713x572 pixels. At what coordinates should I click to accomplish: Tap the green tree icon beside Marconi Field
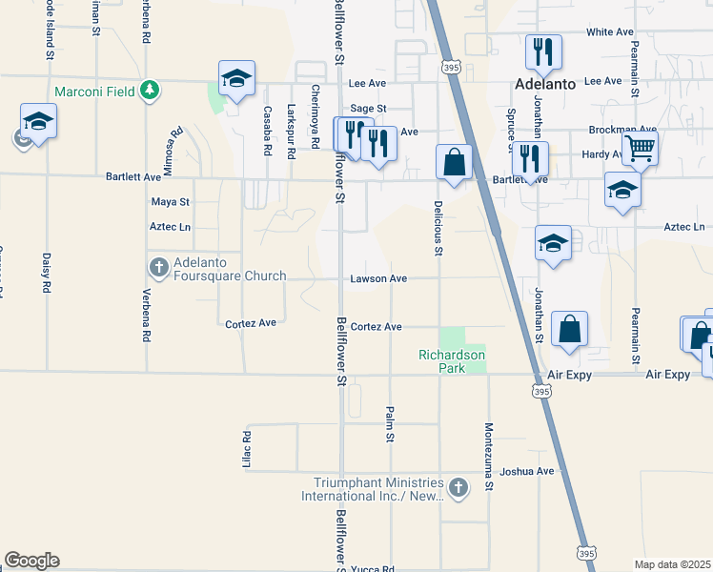point(149,91)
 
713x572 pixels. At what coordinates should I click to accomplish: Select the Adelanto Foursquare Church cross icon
point(158,264)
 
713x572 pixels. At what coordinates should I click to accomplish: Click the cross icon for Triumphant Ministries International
point(458,489)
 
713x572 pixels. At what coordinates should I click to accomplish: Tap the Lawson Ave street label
point(378,278)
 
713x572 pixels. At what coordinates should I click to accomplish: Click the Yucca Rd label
point(373,569)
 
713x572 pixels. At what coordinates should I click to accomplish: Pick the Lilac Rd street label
point(247,449)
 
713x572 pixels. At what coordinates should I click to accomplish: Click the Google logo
point(31,561)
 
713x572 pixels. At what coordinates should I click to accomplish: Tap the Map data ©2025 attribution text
point(671,564)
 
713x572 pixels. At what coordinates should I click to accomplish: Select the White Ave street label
point(610,31)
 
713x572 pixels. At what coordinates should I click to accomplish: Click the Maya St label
point(171,202)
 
